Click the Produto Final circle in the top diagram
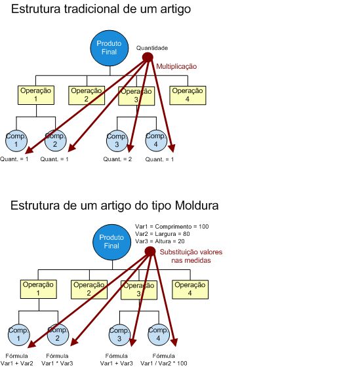(110, 48)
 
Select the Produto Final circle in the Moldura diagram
(111, 242)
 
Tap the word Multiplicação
(176, 66)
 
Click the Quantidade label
(152, 48)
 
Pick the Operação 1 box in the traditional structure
(36, 95)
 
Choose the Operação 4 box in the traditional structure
(188, 95)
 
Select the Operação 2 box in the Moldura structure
(89, 290)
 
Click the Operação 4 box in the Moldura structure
(190, 290)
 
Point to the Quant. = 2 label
(117, 159)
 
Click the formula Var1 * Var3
(57, 363)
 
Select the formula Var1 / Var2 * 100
(164, 363)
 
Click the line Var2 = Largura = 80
(163, 234)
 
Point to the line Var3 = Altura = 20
(160, 241)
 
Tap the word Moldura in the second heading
(197, 206)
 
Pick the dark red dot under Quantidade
(148, 58)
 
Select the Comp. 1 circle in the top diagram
(16, 141)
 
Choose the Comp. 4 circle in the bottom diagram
(159, 335)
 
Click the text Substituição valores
(191, 252)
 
